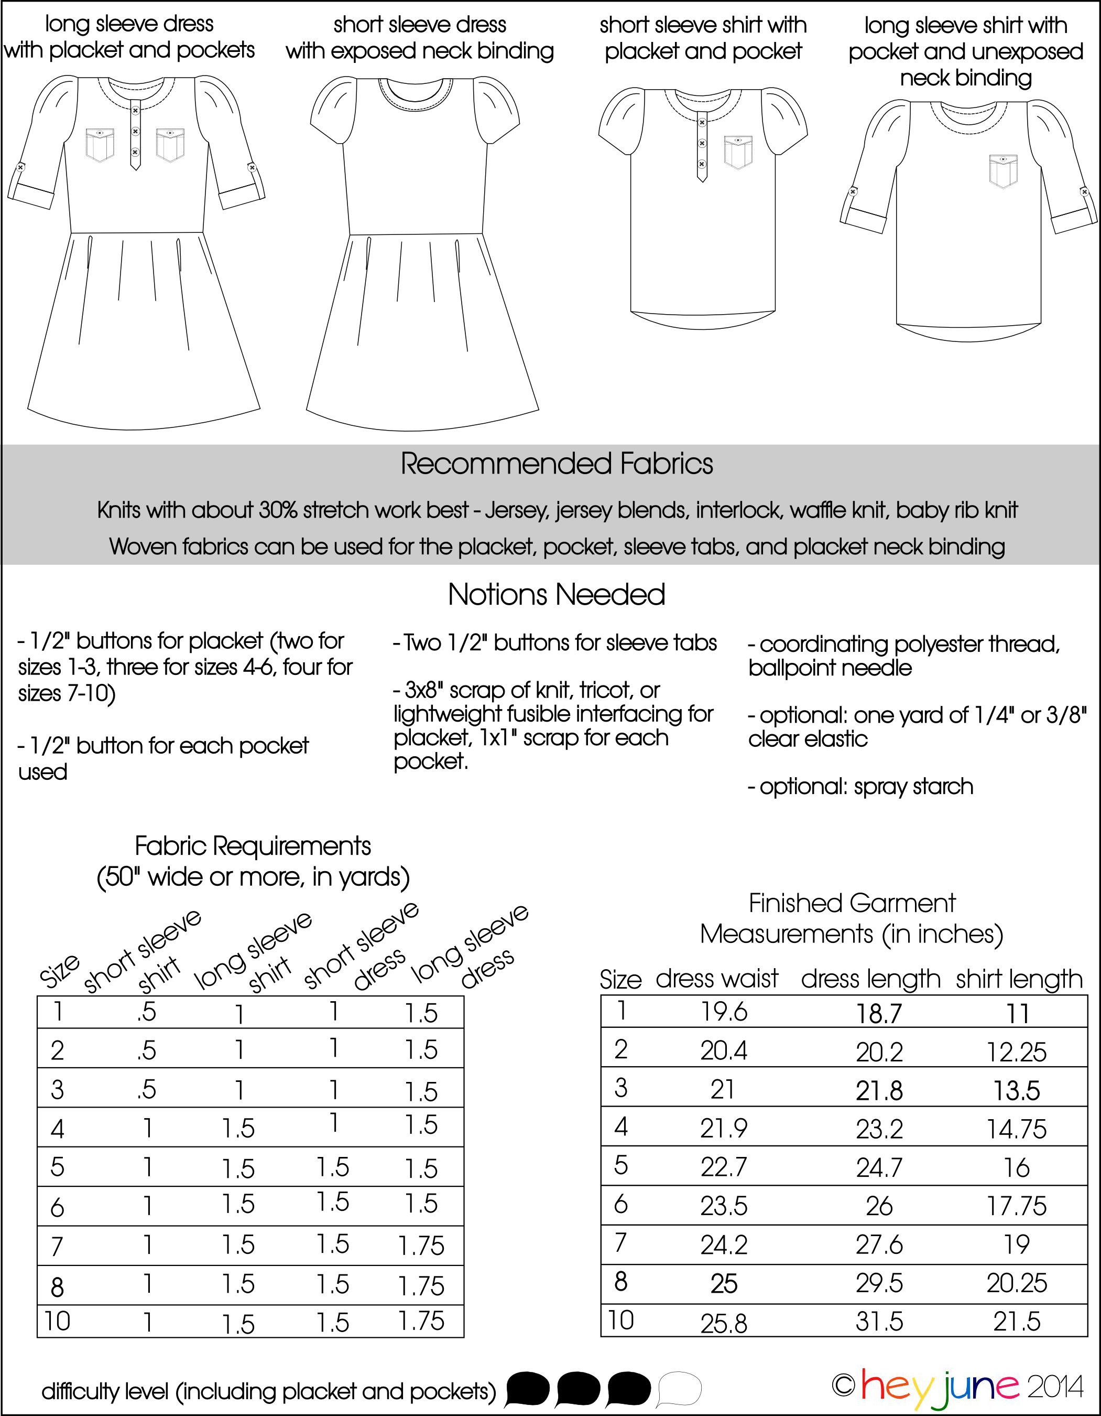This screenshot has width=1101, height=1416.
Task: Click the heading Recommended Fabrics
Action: [556, 464]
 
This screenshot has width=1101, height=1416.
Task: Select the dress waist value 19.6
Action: [723, 1012]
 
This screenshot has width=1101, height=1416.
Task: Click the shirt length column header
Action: [1019, 979]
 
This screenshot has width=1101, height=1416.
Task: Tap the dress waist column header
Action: [717, 979]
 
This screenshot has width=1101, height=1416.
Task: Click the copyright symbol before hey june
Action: [844, 1386]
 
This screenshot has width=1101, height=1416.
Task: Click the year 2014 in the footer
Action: [1054, 1387]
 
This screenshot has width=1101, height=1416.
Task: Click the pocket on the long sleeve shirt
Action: [1003, 170]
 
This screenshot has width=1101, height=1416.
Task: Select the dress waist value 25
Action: [723, 1284]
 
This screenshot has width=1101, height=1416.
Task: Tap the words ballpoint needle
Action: [830, 668]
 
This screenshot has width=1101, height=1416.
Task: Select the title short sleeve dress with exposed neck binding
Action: [420, 38]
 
